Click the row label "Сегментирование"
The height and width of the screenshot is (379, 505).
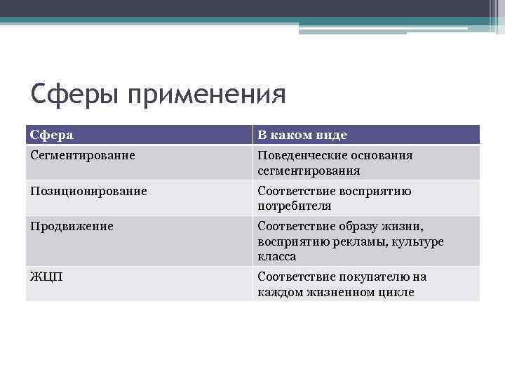(x=83, y=155)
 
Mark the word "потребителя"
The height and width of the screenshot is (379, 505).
(x=294, y=206)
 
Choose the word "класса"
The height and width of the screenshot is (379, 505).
(x=277, y=257)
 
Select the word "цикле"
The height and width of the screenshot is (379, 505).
(x=396, y=292)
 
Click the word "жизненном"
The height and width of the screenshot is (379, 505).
(x=338, y=292)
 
